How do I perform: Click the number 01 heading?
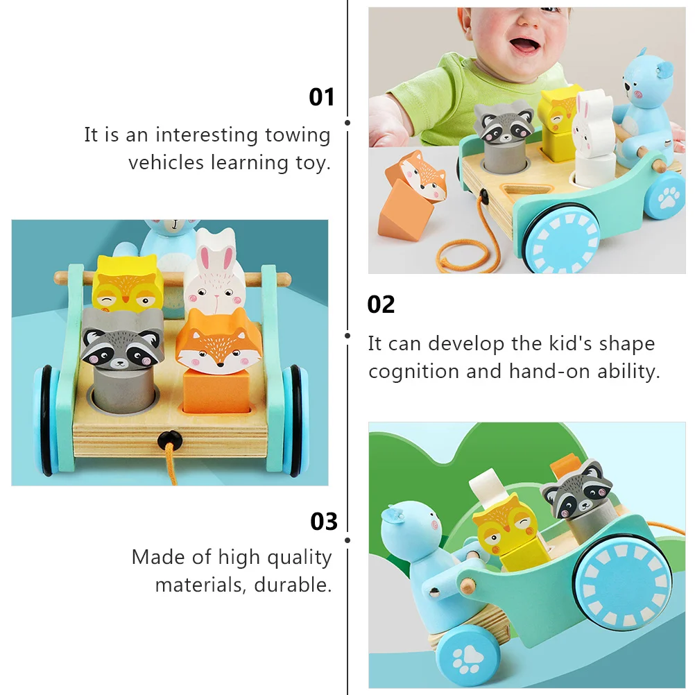tap(321, 97)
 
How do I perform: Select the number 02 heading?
tap(381, 304)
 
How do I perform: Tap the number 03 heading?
tap(323, 521)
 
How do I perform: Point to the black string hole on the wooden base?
tap(167, 438)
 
